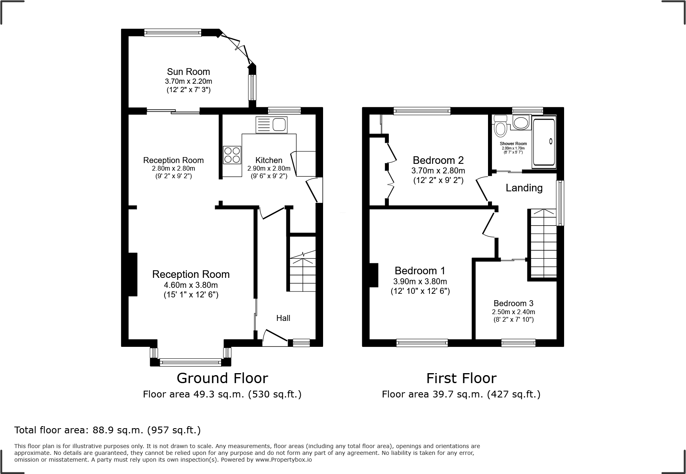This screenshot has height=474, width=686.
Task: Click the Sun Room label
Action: (188, 72)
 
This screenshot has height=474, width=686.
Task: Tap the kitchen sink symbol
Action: (271, 125)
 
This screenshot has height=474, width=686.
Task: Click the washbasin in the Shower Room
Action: (521, 122)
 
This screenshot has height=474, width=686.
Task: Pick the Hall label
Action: (283, 318)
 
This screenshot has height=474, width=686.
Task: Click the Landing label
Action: (524, 188)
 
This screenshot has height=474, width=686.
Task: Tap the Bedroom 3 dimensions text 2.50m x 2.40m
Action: (514, 312)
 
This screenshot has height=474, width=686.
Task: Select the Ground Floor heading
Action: (222, 378)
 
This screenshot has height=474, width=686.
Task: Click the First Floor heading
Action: (461, 378)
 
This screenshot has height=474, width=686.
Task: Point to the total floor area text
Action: (108, 430)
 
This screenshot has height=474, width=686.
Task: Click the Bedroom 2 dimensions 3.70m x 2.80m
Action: (438, 171)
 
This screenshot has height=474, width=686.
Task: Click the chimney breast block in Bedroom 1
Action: (373, 275)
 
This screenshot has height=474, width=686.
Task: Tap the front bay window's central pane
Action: (190, 362)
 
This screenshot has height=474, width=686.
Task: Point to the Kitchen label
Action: (269, 160)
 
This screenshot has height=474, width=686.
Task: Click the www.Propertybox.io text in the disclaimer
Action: (283, 460)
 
